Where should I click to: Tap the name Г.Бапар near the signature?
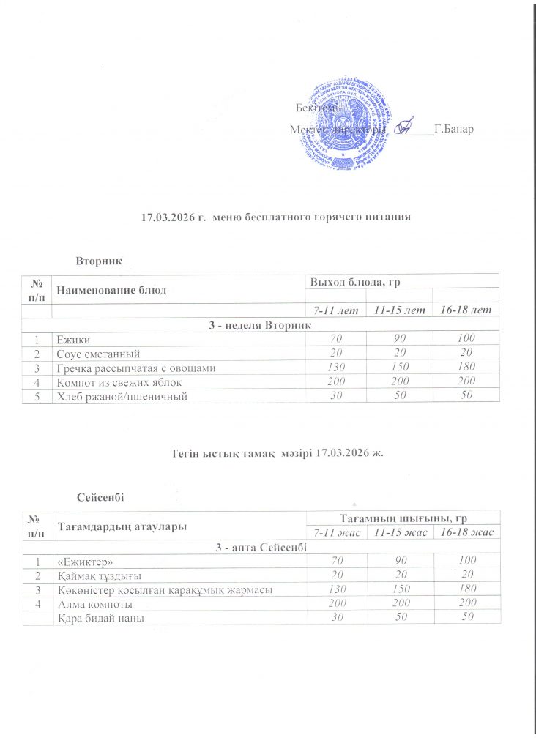click(454, 130)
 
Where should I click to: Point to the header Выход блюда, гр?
click(356, 282)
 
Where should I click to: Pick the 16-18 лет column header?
click(466, 311)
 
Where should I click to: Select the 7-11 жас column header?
click(334, 532)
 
